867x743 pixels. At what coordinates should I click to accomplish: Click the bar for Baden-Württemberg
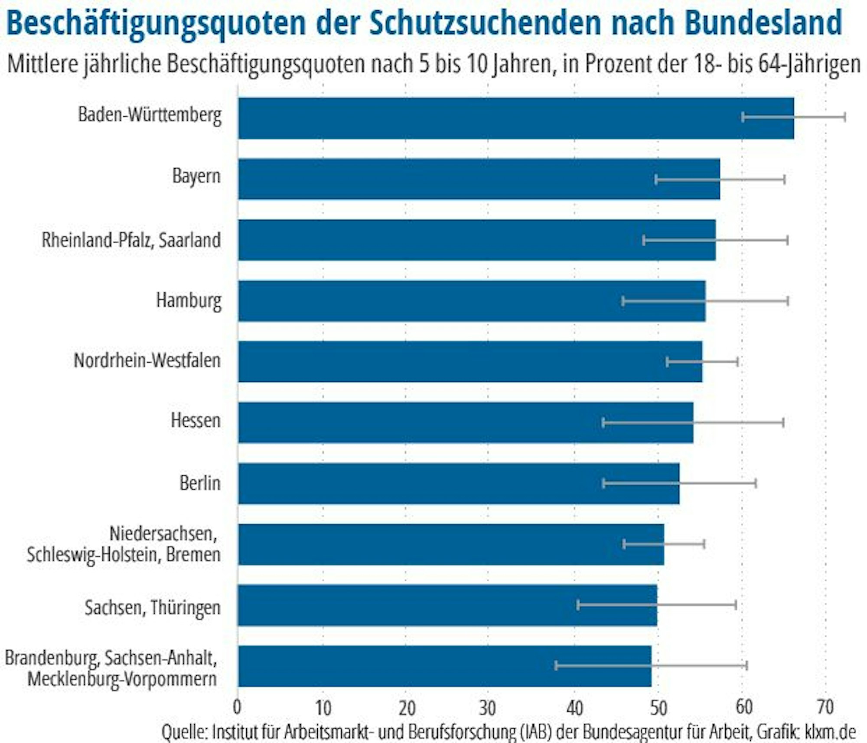pyautogui.click(x=516, y=118)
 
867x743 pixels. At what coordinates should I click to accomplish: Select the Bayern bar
pyautogui.click(x=479, y=179)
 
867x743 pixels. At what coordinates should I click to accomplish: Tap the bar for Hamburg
pyautogui.click(x=472, y=301)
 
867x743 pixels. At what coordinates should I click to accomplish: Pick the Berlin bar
pyautogui.click(x=459, y=484)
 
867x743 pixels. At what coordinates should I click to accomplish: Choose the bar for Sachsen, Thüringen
pyautogui.click(x=447, y=606)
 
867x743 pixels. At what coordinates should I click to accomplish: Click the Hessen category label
pyautogui.click(x=196, y=420)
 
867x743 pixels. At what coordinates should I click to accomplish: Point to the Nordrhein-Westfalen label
pyautogui.click(x=147, y=360)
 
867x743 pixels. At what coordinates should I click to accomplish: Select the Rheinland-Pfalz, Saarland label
pyautogui.click(x=131, y=240)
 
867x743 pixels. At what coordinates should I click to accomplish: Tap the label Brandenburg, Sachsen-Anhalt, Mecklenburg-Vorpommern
pyautogui.click(x=111, y=668)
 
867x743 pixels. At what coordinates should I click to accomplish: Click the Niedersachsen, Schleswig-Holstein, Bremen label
pyautogui.click(x=124, y=544)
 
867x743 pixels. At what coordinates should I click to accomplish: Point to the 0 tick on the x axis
pyautogui.click(x=237, y=707)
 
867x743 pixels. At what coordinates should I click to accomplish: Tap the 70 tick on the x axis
pyautogui.click(x=825, y=707)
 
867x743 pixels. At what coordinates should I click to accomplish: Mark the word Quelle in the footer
pyautogui.click(x=183, y=732)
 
